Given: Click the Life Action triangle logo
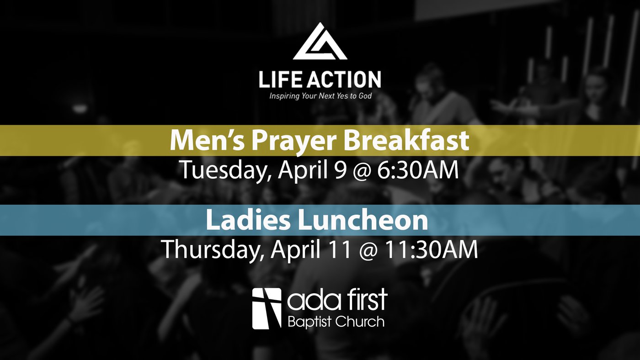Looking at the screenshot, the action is click(x=320, y=42).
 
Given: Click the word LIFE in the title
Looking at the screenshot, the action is click(x=280, y=79).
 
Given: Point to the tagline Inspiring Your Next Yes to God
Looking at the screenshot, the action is click(x=320, y=96).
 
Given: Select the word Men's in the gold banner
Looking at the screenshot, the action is click(x=207, y=140).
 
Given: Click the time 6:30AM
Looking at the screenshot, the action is click(x=418, y=170).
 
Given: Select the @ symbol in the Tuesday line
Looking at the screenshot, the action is click(x=362, y=172).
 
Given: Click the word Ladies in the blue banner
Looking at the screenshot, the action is click(x=248, y=220).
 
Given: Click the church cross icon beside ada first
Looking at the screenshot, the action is click(x=267, y=309).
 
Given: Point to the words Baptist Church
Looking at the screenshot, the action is click(x=336, y=322).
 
